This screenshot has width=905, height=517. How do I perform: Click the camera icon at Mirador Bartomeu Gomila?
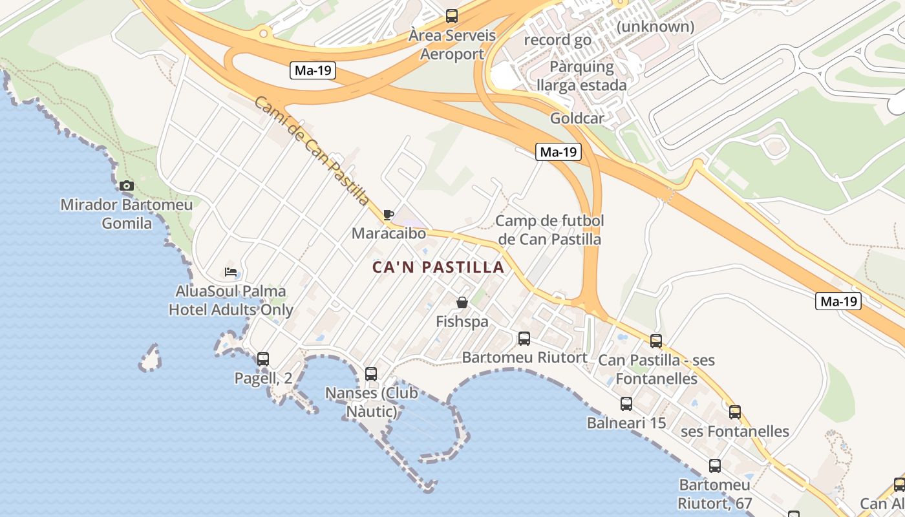point(127,186)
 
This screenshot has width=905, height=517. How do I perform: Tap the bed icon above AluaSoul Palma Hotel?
point(231,271)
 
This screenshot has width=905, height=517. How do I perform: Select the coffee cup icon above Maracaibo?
point(389,215)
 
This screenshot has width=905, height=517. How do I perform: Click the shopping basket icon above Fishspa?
point(462,302)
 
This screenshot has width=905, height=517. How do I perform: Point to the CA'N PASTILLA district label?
point(438,267)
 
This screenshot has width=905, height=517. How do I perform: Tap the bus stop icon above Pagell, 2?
point(262,359)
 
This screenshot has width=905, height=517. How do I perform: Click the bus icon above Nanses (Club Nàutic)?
point(371,374)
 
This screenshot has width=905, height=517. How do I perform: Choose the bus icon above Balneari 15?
point(626,404)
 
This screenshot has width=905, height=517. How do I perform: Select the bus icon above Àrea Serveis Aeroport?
point(452,16)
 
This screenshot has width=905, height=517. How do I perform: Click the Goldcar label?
point(577,118)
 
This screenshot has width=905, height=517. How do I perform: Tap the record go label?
point(557,40)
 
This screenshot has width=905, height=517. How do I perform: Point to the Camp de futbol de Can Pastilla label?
point(549,230)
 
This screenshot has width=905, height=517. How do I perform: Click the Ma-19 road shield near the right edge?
point(838,301)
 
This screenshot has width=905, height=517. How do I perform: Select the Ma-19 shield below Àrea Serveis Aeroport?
point(314,70)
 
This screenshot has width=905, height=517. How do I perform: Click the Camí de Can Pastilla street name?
point(312,151)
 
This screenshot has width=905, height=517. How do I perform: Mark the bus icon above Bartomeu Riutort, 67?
point(715,465)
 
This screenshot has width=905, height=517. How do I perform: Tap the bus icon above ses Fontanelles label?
point(735,412)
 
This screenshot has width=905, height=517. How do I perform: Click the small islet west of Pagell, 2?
point(150,358)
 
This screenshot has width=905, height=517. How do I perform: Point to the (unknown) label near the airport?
point(655,26)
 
